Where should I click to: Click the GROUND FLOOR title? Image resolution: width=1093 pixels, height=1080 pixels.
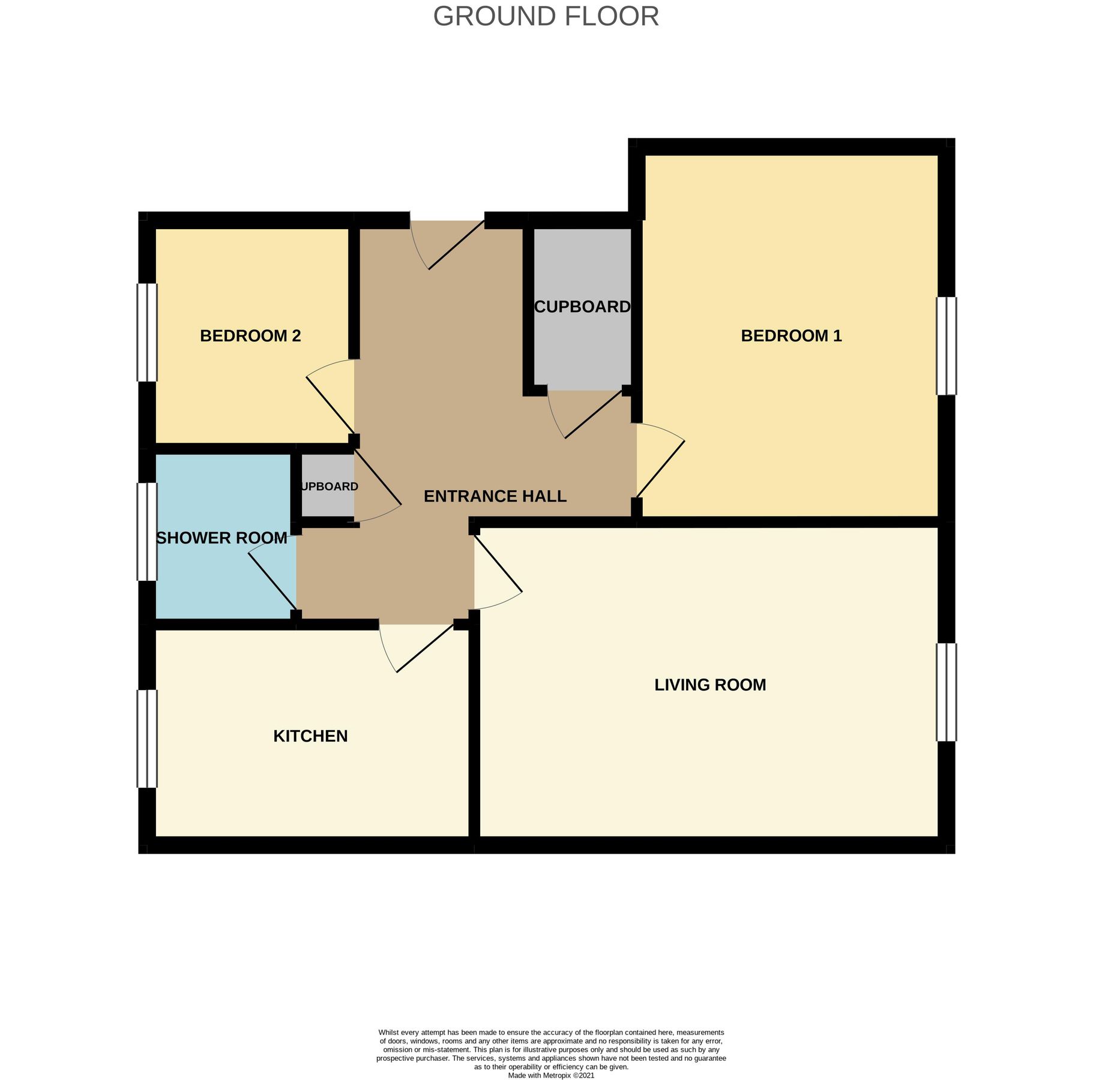[x=546, y=16]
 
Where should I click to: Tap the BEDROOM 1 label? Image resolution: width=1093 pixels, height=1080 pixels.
[x=790, y=335]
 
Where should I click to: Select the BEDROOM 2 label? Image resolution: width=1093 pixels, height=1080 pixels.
[x=250, y=335]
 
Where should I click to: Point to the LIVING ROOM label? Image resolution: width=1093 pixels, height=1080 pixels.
[x=709, y=685]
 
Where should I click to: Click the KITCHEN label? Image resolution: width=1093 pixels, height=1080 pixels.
[x=310, y=736]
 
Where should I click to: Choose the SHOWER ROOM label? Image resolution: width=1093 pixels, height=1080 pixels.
[x=221, y=538]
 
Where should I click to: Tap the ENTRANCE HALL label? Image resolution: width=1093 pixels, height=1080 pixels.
[x=495, y=496]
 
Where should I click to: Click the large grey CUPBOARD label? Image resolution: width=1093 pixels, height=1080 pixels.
[x=582, y=307]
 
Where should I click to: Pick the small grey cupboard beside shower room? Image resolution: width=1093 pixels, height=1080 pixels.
[x=328, y=486]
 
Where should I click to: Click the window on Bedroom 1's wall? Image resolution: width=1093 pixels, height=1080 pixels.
[x=946, y=346]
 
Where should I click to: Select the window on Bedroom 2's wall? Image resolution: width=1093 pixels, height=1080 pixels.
[x=147, y=332]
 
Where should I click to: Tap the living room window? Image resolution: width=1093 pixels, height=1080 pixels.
[x=946, y=692]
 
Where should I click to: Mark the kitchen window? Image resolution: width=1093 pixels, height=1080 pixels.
[x=147, y=739]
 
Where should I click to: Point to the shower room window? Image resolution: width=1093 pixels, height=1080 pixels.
[x=147, y=532]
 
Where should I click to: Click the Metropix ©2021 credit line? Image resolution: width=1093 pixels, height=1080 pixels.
[x=550, y=1075]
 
